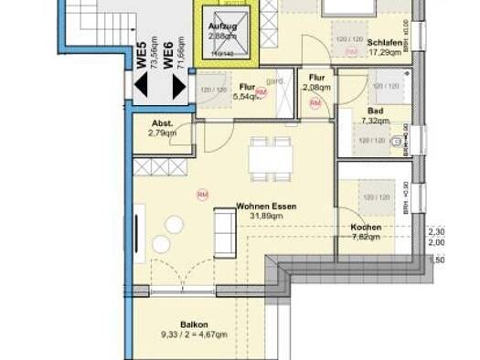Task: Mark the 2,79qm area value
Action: pyautogui.click(x=163, y=134)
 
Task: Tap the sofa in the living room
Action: pyautogui.click(x=222, y=233)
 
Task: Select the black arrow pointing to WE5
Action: pyautogui.click(x=142, y=87)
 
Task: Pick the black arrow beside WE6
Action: pyautogui.click(x=180, y=87)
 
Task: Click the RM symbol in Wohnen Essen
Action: pyautogui.click(x=203, y=194)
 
